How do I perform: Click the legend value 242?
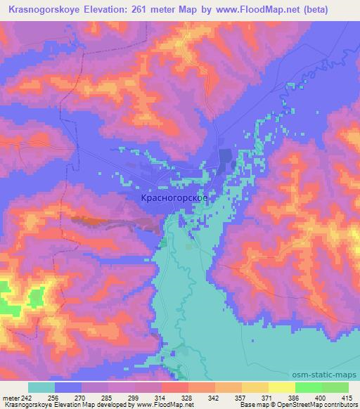pos(27,398)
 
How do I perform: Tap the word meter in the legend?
pos(11,398)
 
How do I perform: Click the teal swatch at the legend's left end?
pos(41,387)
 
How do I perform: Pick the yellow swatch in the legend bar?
pos(281,387)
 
